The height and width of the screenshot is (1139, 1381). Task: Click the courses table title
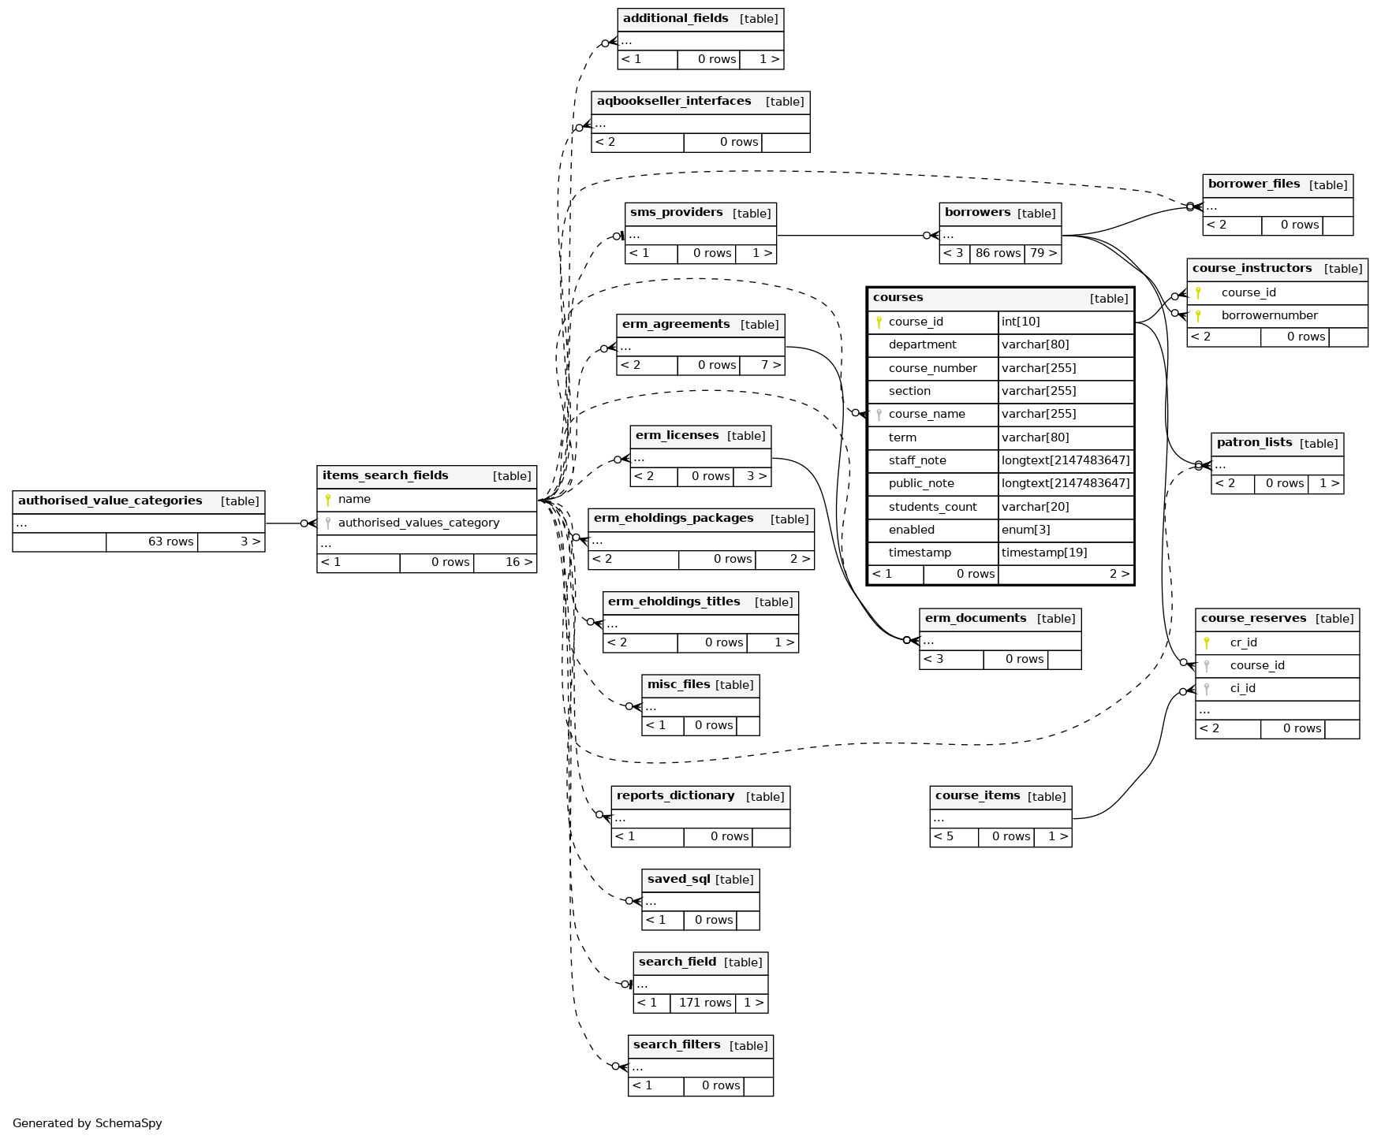pyautogui.click(x=898, y=298)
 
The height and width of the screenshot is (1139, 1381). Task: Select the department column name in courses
pyautogui.click(x=922, y=345)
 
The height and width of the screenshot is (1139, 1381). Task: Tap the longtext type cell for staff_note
pyautogui.click(x=1065, y=460)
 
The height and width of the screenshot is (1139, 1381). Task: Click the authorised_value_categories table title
pyautogui.click(x=110, y=501)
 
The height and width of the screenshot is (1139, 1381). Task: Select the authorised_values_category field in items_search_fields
pyautogui.click(x=418, y=523)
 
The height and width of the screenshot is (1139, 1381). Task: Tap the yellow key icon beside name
pyautogui.click(x=328, y=500)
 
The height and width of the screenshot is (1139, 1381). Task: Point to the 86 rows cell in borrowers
pyautogui.click(x=998, y=253)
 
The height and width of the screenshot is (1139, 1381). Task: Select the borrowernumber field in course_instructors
pyautogui.click(x=1269, y=315)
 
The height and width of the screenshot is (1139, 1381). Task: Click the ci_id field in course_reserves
pyautogui.click(x=1242, y=688)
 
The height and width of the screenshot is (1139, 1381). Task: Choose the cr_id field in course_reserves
pyautogui.click(x=1243, y=642)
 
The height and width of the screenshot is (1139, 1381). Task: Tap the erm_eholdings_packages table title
pyautogui.click(x=674, y=519)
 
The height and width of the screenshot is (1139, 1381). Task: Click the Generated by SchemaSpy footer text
pyautogui.click(x=88, y=1123)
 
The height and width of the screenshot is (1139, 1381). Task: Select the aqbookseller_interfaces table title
pyautogui.click(x=674, y=102)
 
